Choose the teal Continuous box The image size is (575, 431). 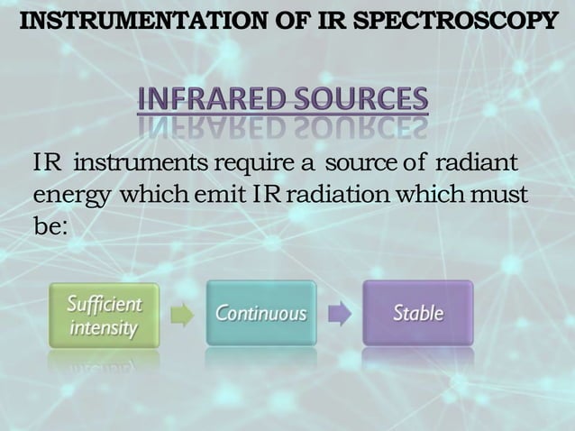[261, 314]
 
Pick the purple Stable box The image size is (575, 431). [417, 314]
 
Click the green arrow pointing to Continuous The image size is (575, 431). [183, 314]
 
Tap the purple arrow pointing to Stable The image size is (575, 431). [340, 314]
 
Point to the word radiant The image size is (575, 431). [476, 165]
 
